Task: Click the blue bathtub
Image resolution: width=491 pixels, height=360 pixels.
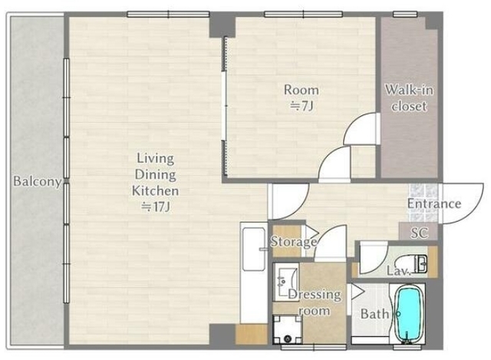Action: click(408, 314)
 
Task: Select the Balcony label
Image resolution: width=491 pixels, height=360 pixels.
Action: click(37, 181)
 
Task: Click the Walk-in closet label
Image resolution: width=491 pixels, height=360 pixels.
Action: click(409, 98)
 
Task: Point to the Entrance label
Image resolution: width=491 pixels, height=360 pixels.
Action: click(434, 203)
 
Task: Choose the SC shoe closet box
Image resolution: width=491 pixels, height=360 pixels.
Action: click(418, 232)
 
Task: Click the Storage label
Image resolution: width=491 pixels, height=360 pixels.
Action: click(293, 242)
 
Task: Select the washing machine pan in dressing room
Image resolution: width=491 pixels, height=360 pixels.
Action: click(286, 329)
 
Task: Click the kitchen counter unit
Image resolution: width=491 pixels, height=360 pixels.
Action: click(254, 272)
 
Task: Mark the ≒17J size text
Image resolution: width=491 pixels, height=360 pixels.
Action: click(155, 206)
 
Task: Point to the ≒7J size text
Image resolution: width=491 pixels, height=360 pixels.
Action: click(301, 107)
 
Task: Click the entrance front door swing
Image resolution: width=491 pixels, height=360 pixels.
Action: click(462, 203)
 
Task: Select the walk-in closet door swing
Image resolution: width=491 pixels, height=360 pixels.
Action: click(362, 128)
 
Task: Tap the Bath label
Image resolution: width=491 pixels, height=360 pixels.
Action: click(374, 314)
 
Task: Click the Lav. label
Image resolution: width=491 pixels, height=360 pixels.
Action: click(398, 271)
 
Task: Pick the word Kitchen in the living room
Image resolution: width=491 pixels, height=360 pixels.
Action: click(155, 191)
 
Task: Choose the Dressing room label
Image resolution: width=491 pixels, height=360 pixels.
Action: click(315, 302)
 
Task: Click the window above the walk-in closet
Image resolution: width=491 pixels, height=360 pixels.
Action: click(405, 14)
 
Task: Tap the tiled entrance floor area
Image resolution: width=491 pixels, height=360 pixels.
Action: click(423, 203)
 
